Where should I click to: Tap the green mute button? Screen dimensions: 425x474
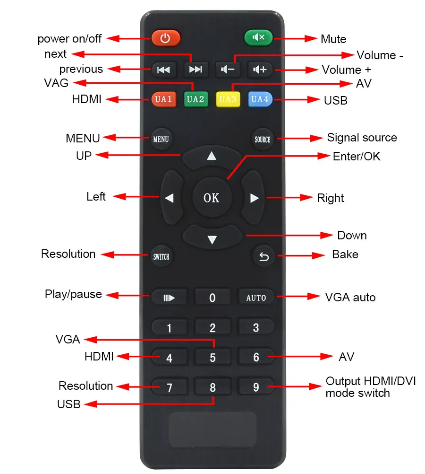click(x=258, y=38)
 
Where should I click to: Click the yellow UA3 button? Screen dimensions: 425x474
click(x=228, y=99)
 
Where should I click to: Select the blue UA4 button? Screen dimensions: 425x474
click(x=260, y=99)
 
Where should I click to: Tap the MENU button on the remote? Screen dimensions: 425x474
click(x=161, y=139)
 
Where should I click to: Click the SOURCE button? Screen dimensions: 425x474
click(x=263, y=139)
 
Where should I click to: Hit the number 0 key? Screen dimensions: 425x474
click(x=212, y=298)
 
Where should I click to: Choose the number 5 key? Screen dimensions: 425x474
click(x=212, y=357)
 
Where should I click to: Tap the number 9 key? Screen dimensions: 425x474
click(x=256, y=387)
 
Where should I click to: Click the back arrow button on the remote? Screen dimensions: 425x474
click(x=263, y=256)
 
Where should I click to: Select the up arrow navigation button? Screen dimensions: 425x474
click(x=212, y=157)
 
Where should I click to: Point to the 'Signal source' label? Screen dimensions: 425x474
click(x=362, y=138)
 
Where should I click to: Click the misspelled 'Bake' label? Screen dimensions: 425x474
click(x=345, y=254)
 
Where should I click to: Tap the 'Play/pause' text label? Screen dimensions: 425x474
click(x=73, y=294)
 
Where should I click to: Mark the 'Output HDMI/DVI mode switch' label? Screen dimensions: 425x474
click(x=371, y=387)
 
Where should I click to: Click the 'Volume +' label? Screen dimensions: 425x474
click(x=346, y=70)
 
